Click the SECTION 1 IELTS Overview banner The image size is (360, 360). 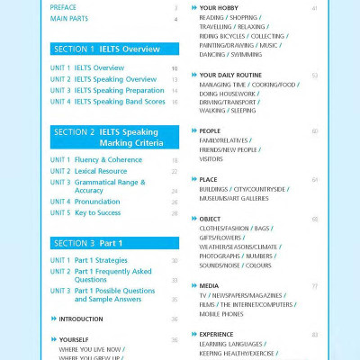[x=106, y=49]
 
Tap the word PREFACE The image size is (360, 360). [x=65, y=7]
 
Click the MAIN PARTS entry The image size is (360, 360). [x=69, y=18]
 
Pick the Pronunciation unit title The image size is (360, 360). [x=96, y=202]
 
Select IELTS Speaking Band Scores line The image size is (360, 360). [x=119, y=102]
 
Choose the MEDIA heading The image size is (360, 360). [x=209, y=285]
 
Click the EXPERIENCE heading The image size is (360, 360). [x=219, y=334]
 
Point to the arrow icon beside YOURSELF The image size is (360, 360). [x=53, y=339]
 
